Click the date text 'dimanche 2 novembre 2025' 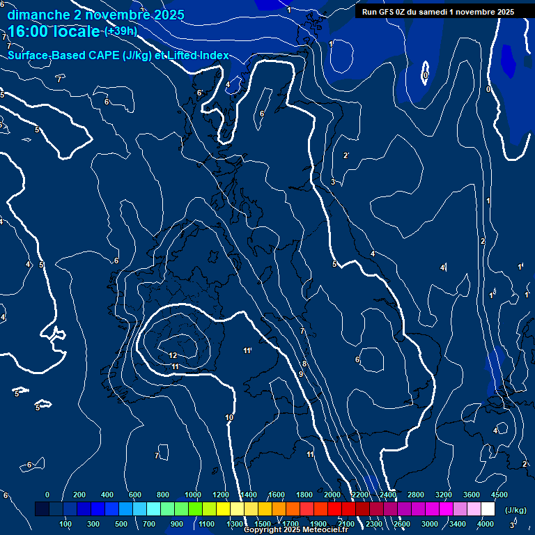(x=95, y=15)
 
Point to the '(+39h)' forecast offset (x=120, y=31)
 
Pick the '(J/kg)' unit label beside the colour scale (x=515, y=510)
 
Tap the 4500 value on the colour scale (x=499, y=495)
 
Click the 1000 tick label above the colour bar (x=193, y=495)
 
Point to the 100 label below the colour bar (x=66, y=524)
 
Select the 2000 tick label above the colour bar (x=332, y=495)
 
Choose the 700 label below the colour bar (x=148, y=524)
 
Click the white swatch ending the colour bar (x=488, y=509)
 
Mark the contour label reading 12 (x=173, y=355)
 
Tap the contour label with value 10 (x=229, y=417)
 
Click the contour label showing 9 (x=301, y=374)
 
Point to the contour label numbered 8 (x=304, y=364)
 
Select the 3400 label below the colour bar (x=458, y=524)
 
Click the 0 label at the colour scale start (x=47, y=495)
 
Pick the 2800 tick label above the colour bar (x=416, y=495)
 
